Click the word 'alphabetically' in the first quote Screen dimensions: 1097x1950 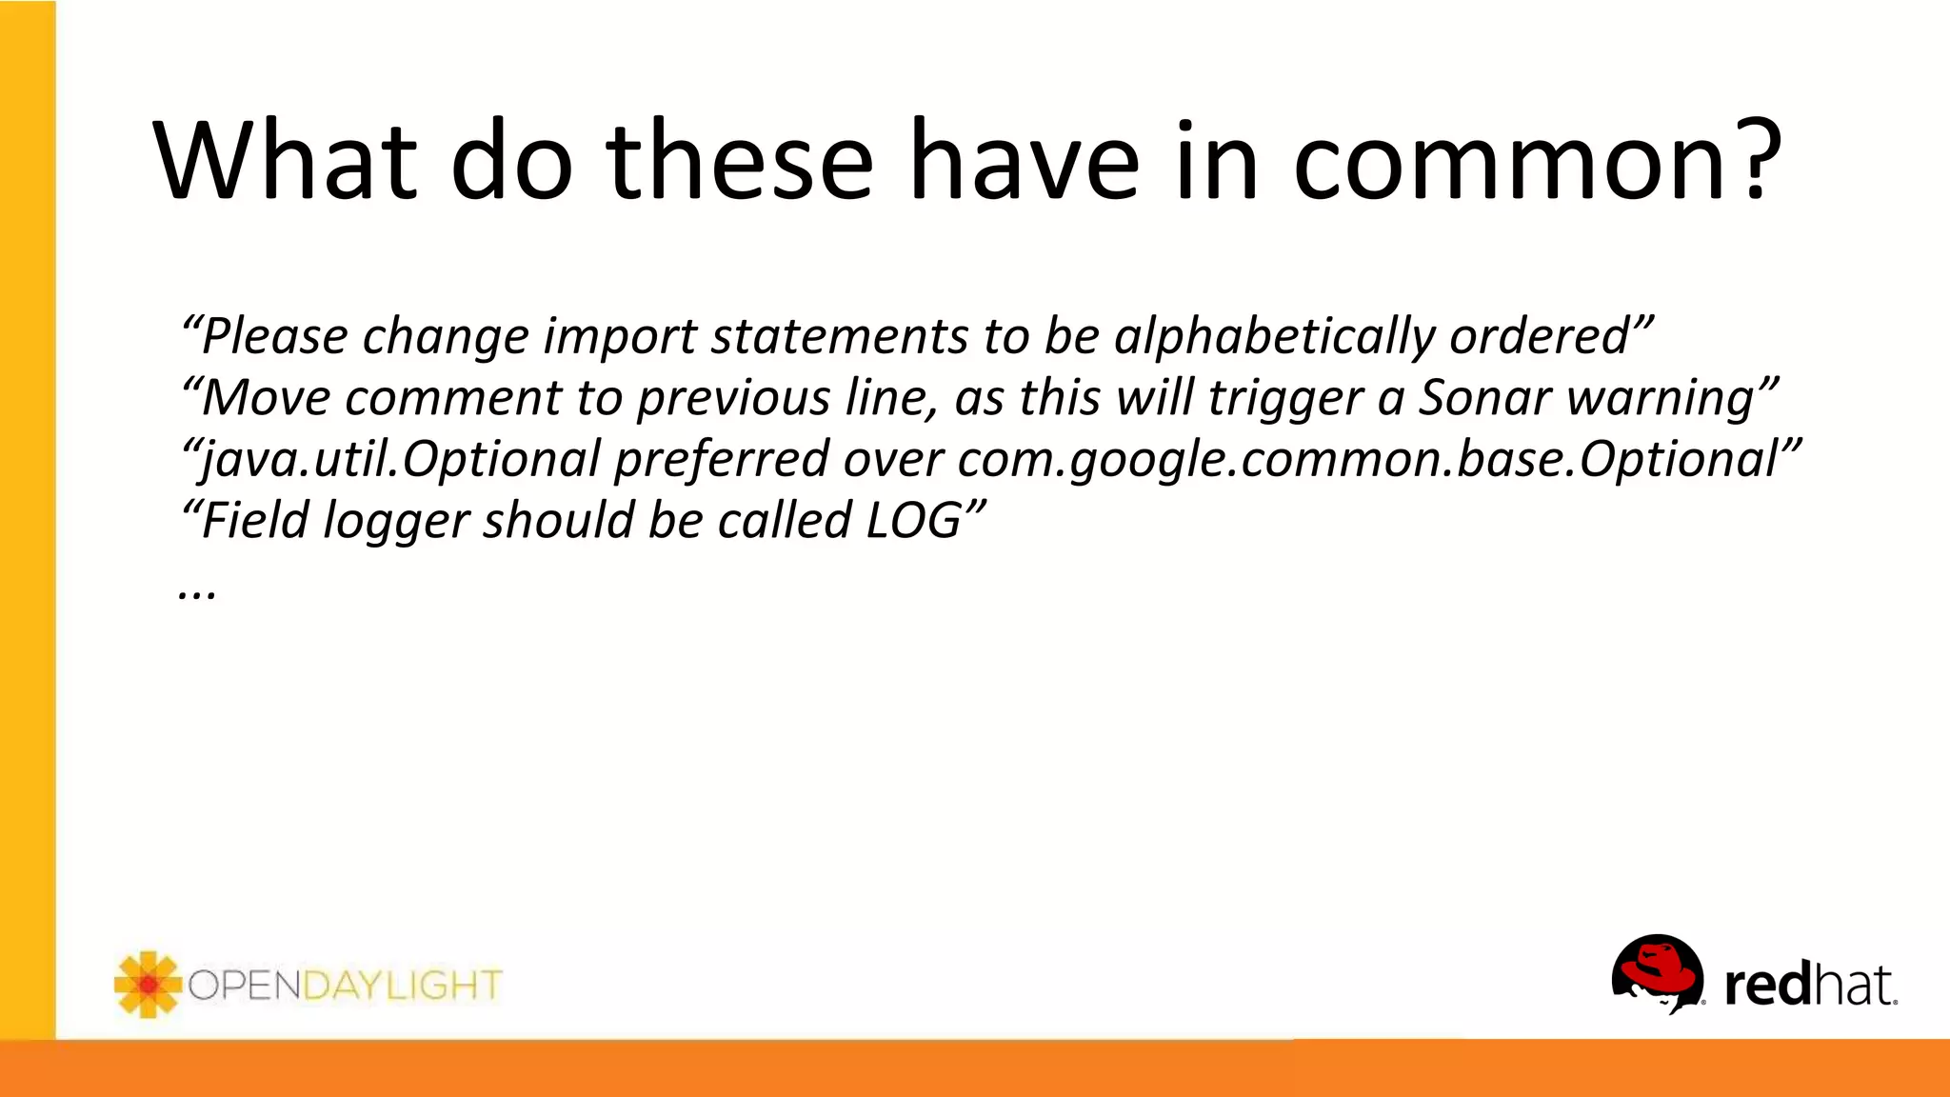(x=1273, y=337)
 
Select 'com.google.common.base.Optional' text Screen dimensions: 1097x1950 (x=1367, y=460)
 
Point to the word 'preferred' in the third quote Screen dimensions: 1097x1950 (x=722, y=460)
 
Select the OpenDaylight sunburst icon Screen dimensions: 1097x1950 (x=147, y=985)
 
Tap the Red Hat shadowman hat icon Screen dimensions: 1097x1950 (x=1656, y=972)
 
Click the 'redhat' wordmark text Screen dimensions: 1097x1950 (x=1809, y=986)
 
